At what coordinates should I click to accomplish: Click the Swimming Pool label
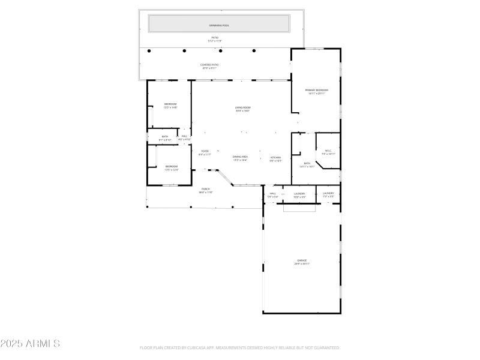[219, 26]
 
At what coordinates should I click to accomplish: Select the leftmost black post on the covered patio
[149, 51]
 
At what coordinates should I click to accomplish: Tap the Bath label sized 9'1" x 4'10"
[165, 137]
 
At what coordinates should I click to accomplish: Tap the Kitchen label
[275, 158]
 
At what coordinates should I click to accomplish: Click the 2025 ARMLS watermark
[30, 344]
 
